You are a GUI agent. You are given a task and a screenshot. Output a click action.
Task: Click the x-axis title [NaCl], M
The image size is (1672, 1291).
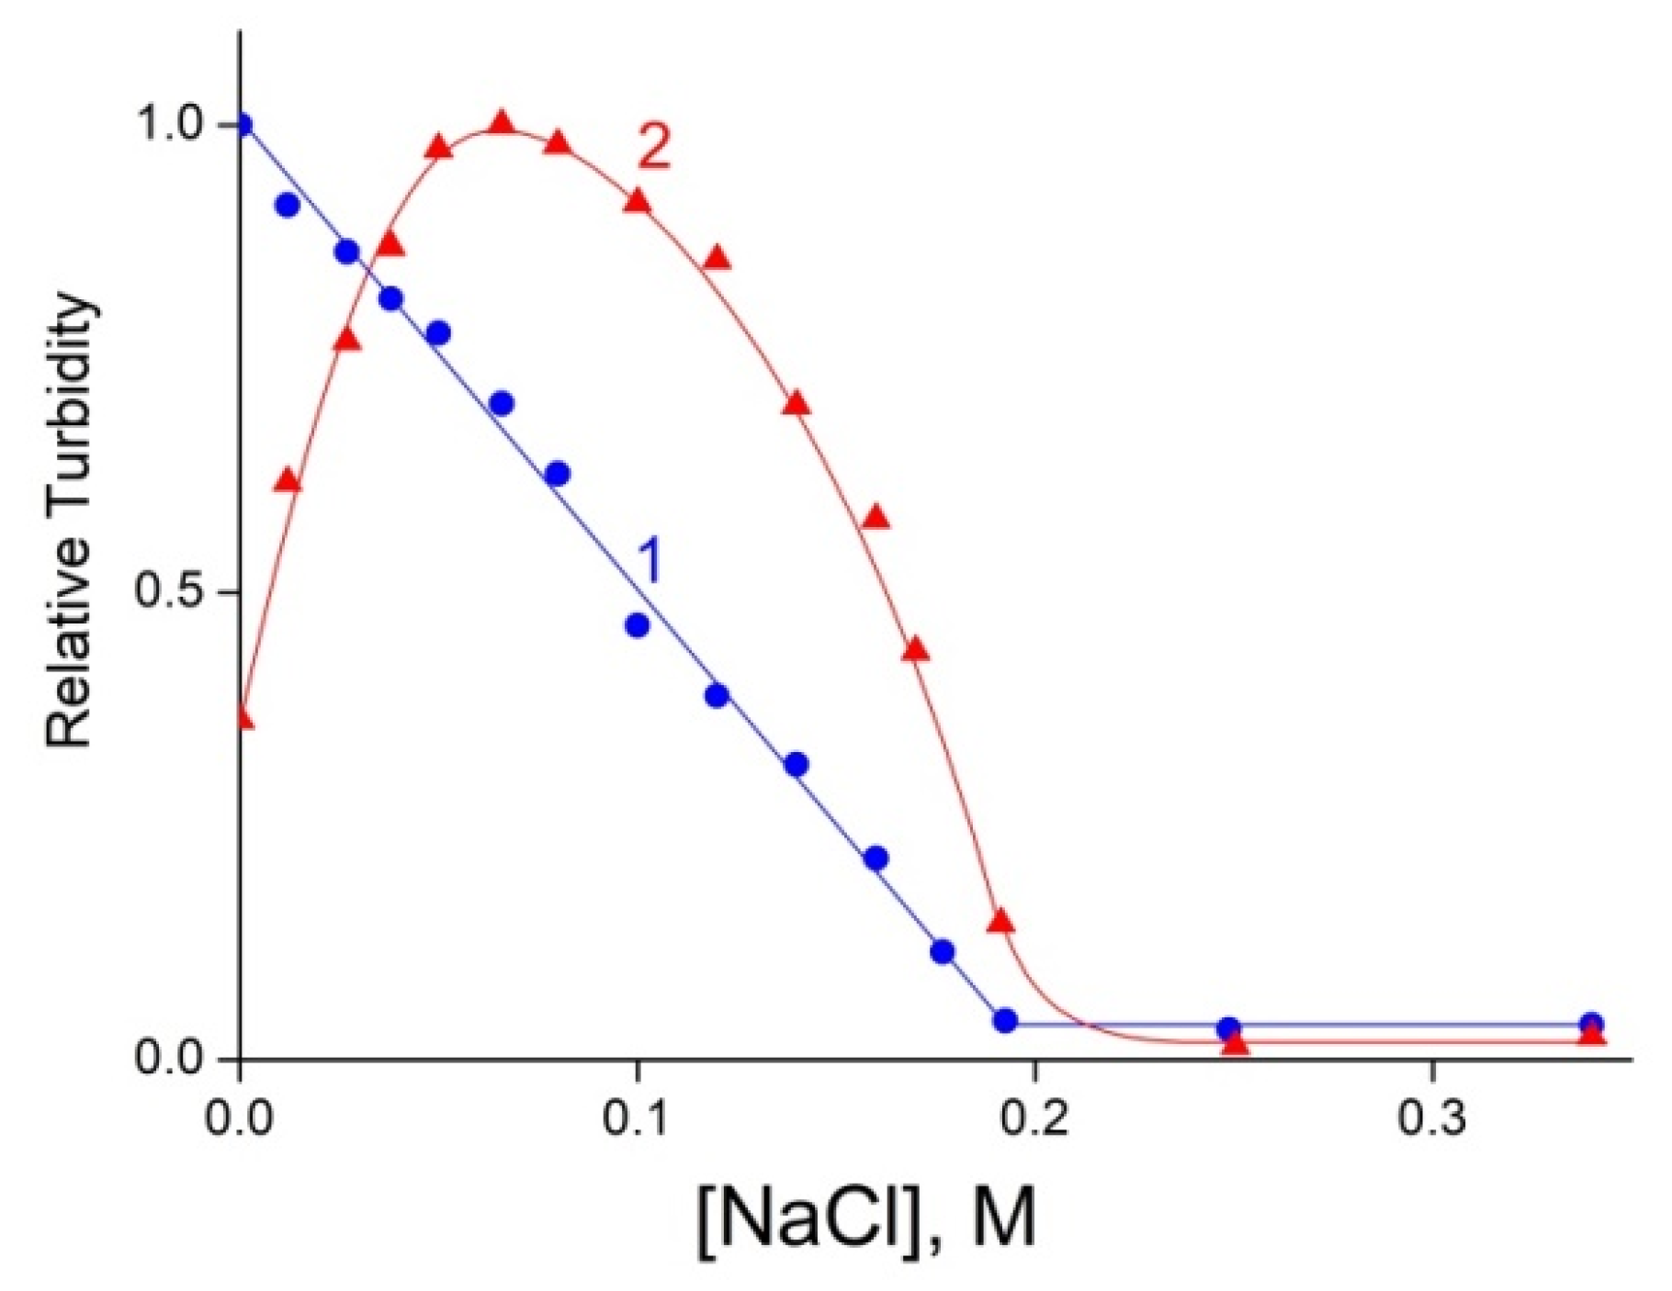tap(867, 1219)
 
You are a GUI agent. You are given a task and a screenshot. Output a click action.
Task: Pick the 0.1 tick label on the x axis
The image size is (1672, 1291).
tap(637, 1121)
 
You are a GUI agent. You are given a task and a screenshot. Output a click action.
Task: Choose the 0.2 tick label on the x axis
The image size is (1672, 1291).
tap(1034, 1121)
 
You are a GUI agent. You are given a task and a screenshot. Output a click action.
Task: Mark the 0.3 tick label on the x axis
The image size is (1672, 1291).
tap(1432, 1121)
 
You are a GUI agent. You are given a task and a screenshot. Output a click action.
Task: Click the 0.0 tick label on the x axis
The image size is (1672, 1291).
tap(240, 1121)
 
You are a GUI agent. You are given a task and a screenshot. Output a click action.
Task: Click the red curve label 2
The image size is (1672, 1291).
tap(653, 148)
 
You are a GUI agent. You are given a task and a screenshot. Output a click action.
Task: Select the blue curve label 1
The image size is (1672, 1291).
tap(649, 562)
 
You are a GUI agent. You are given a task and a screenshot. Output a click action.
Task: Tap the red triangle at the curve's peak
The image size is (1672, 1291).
tap(502, 124)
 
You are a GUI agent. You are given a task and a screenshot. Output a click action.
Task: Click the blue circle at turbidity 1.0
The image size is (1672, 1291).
tap(242, 125)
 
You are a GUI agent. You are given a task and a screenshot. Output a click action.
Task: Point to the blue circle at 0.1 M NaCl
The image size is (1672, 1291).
tap(637, 625)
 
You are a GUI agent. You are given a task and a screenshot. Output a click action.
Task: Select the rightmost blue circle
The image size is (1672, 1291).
tap(1592, 1024)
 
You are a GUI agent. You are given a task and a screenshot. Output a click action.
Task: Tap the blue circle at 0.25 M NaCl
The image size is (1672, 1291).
tap(1228, 1027)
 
